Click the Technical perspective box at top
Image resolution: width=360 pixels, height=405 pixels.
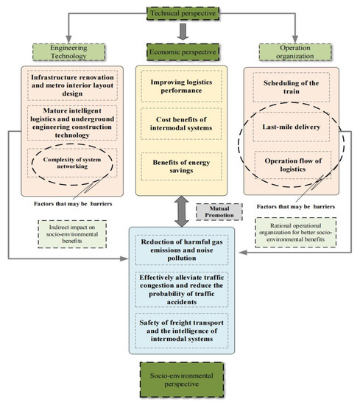pos(179,12)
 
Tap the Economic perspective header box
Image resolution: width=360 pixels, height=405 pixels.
pos(180,52)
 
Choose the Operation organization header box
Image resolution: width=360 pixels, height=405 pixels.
pos(295,52)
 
